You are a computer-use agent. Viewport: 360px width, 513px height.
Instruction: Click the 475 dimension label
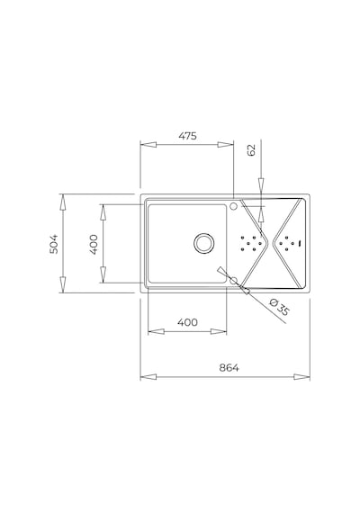188,136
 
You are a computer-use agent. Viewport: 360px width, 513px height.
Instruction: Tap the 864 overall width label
229,368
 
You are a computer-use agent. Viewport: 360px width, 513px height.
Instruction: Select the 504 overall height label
54,244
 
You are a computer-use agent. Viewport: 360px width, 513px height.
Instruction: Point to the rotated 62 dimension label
252,149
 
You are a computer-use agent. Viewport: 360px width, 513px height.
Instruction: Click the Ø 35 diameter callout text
280,307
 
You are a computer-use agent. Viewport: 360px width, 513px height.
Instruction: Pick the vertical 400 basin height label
94,245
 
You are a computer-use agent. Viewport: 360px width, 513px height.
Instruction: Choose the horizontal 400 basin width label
187,322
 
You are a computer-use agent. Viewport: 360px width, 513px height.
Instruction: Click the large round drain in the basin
204,243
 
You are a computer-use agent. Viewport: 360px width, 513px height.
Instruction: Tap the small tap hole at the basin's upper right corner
234,206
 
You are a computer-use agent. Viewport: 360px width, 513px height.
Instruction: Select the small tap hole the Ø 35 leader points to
234,281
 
